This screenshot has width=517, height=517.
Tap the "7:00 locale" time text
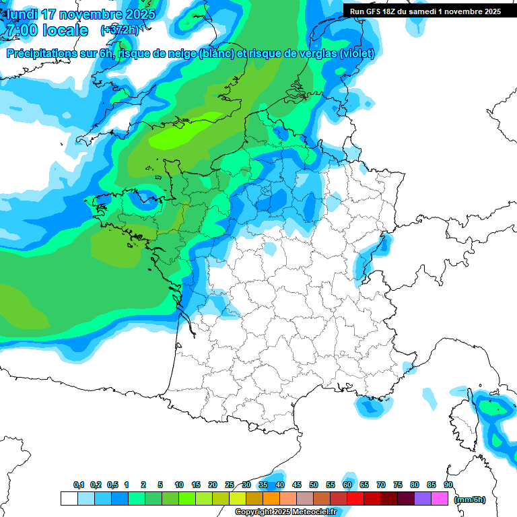(x=46, y=30)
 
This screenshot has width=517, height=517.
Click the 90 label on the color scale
(x=448, y=485)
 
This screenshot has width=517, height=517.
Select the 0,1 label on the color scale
(x=78, y=485)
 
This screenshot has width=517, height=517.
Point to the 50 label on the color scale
(x=314, y=485)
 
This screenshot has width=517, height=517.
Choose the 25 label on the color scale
(x=230, y=485)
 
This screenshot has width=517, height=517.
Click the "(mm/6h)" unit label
(x=469, y=499)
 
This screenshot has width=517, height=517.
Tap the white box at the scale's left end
(x=69, y=498)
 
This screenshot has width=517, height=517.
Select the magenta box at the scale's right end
(x=440, y=498)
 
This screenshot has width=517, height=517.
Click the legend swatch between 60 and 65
(x=355, y=498)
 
